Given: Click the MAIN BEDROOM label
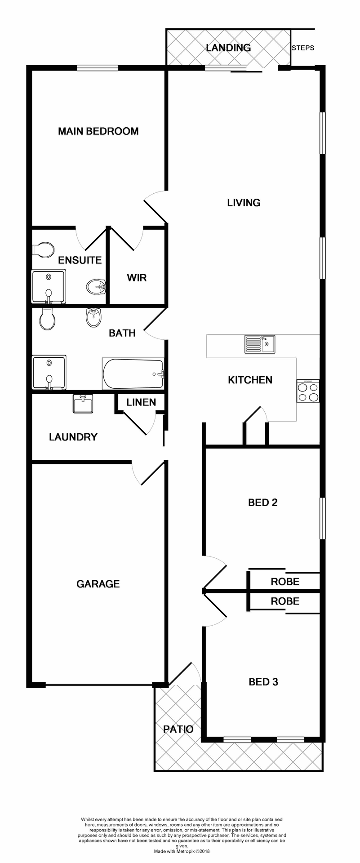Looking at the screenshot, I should [98, 131].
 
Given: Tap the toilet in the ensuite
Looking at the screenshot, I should [43, 250].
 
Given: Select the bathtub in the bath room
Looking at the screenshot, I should [133, 374].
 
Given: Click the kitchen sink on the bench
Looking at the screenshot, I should [260, 344].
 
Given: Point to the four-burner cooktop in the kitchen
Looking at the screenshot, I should [308, 391].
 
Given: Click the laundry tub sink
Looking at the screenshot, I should [83, 403].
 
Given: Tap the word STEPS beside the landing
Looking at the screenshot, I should [303, 48].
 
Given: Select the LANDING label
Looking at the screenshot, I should [228, 48].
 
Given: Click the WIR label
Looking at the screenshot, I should [137, 278].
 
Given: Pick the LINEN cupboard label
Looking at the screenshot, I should [141, 402].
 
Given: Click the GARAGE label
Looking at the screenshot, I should [98, 584].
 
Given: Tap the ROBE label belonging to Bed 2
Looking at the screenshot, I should [285, 582].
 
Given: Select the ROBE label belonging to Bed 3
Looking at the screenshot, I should [285, 601].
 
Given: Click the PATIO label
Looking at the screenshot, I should [178, 729].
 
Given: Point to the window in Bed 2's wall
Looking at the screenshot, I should [323, 518].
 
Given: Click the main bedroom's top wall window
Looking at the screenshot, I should [98, 68].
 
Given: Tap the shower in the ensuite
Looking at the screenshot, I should [48, 286].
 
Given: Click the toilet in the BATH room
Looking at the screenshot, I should [47, 319].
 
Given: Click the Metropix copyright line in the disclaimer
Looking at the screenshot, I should [182, 851].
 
